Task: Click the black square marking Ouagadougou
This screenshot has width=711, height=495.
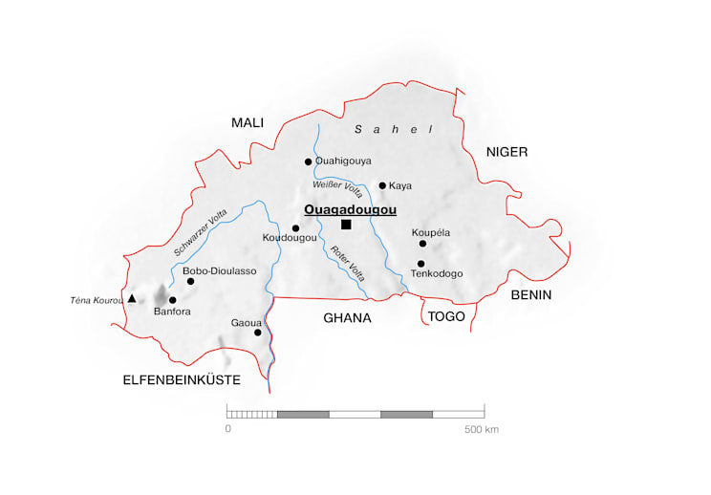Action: [x=346, y=225]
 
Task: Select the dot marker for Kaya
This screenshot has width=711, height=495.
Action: [x=382, y=185]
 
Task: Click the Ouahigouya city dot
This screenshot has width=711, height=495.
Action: [x=308, y=161]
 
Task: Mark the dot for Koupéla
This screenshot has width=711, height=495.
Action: [x=422, y=244]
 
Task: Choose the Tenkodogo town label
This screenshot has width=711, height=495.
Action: [x=437, y=274]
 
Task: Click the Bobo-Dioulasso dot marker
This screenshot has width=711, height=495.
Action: [x=190, y=281]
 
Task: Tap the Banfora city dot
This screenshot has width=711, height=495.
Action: [x=172, y=300]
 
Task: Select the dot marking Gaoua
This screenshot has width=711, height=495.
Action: [x=257, y=333]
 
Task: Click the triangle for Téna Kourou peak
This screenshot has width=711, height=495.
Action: [x=132, y=299]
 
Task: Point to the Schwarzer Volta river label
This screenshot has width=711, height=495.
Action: [x=201, y=232]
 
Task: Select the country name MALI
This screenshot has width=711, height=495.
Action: [x=247, y=122]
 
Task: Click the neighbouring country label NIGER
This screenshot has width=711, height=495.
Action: [x=506, y=152]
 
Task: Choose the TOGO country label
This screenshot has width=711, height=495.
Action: [x=445, y=317]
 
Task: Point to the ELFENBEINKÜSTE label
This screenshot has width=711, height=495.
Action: [x=182, y=380]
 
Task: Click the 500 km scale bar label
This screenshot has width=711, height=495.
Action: [x=482, y=430]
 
